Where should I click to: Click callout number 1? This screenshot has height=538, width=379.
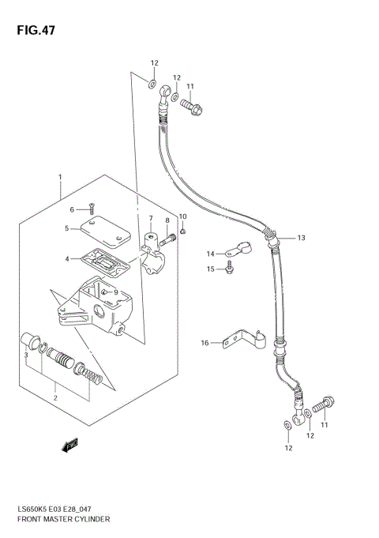[60, 177]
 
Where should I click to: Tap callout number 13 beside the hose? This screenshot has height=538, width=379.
[301, 237]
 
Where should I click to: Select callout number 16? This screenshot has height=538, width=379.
[205, 343]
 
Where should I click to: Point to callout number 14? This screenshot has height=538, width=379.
[211, 254]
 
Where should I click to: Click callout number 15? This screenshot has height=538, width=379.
[211, 270]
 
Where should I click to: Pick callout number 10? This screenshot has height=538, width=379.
[182, 216]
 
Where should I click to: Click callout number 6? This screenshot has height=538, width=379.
[71, 209]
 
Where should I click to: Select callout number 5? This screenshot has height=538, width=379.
[68, 229]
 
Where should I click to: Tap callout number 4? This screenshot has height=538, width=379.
[68, 258]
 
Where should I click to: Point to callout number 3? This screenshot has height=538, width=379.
[26, 356]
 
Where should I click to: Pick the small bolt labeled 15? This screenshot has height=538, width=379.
[229, 269]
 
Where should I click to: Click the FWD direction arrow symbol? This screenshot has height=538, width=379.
[69, 446]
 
